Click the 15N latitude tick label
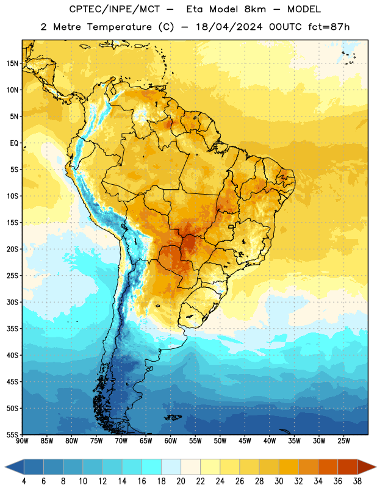(12, 63)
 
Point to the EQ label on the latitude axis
(14, 143)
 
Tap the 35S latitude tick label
(12, 329)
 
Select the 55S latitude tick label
(12, 434)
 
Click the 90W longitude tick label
(23, 441)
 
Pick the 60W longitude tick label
(171, 441)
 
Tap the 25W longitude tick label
(343, 441)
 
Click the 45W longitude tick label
(245, 441)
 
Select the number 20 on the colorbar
(181, 481)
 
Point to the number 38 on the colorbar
(357, 481)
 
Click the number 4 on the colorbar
(24, 481)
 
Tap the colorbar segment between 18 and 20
(171, 467)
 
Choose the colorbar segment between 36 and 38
(348, 467)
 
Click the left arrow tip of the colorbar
(5, 467)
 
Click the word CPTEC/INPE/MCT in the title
(114, 9)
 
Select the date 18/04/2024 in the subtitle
(229, 27)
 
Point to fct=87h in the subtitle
(329, 27)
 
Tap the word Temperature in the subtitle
(119, 27)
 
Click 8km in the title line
(255, 9)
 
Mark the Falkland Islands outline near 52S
(173, 417)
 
